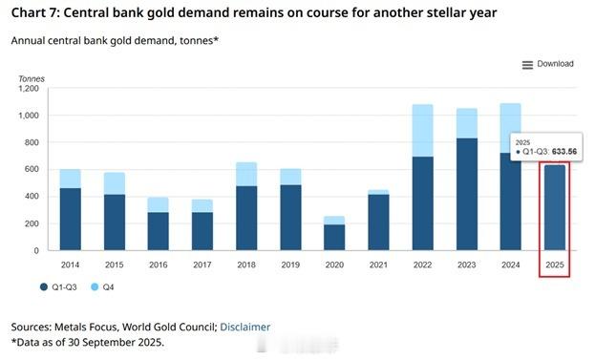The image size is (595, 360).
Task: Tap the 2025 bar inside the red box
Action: click(x=554, y=208)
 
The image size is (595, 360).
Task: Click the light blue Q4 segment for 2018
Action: click(x=246, y=174)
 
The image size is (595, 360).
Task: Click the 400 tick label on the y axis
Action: click(x=32, y=197)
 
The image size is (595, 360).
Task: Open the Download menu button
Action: click(x=548, y=64)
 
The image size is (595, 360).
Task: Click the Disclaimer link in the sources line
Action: click(x=244, y=327)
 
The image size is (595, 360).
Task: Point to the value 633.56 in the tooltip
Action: click(x=562, y=151)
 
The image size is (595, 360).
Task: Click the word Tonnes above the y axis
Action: click(x=32, y=78)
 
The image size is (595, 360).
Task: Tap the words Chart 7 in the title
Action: click(x=36, y=12)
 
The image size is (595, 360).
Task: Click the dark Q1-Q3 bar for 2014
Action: click(x=71, y=219)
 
